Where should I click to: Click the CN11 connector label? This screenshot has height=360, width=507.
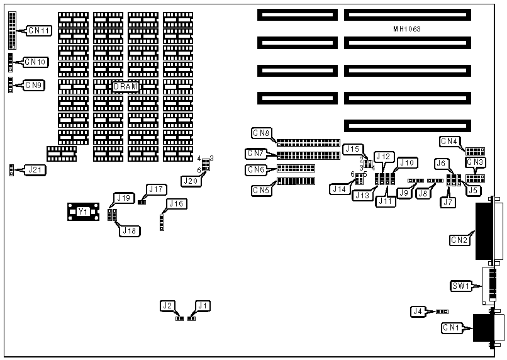[40, 30]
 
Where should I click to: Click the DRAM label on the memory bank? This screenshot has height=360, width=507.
[126, 86]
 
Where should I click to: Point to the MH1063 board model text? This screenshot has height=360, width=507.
[407, 29]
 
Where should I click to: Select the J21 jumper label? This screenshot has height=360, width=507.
[33, 169]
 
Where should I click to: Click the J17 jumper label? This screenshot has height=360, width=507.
[155, 189]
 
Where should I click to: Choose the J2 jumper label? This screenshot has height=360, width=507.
[167, 306]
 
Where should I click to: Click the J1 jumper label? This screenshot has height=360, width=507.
[202, 306]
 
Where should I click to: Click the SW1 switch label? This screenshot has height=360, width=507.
[461, 286]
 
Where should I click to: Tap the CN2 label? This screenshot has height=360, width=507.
[459, 240]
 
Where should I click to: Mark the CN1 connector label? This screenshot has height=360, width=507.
[451, 327]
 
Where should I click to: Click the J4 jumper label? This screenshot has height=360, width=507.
[418, 310]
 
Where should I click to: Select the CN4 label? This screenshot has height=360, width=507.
[449, 141]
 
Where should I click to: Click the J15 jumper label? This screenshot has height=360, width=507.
[352, 149]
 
